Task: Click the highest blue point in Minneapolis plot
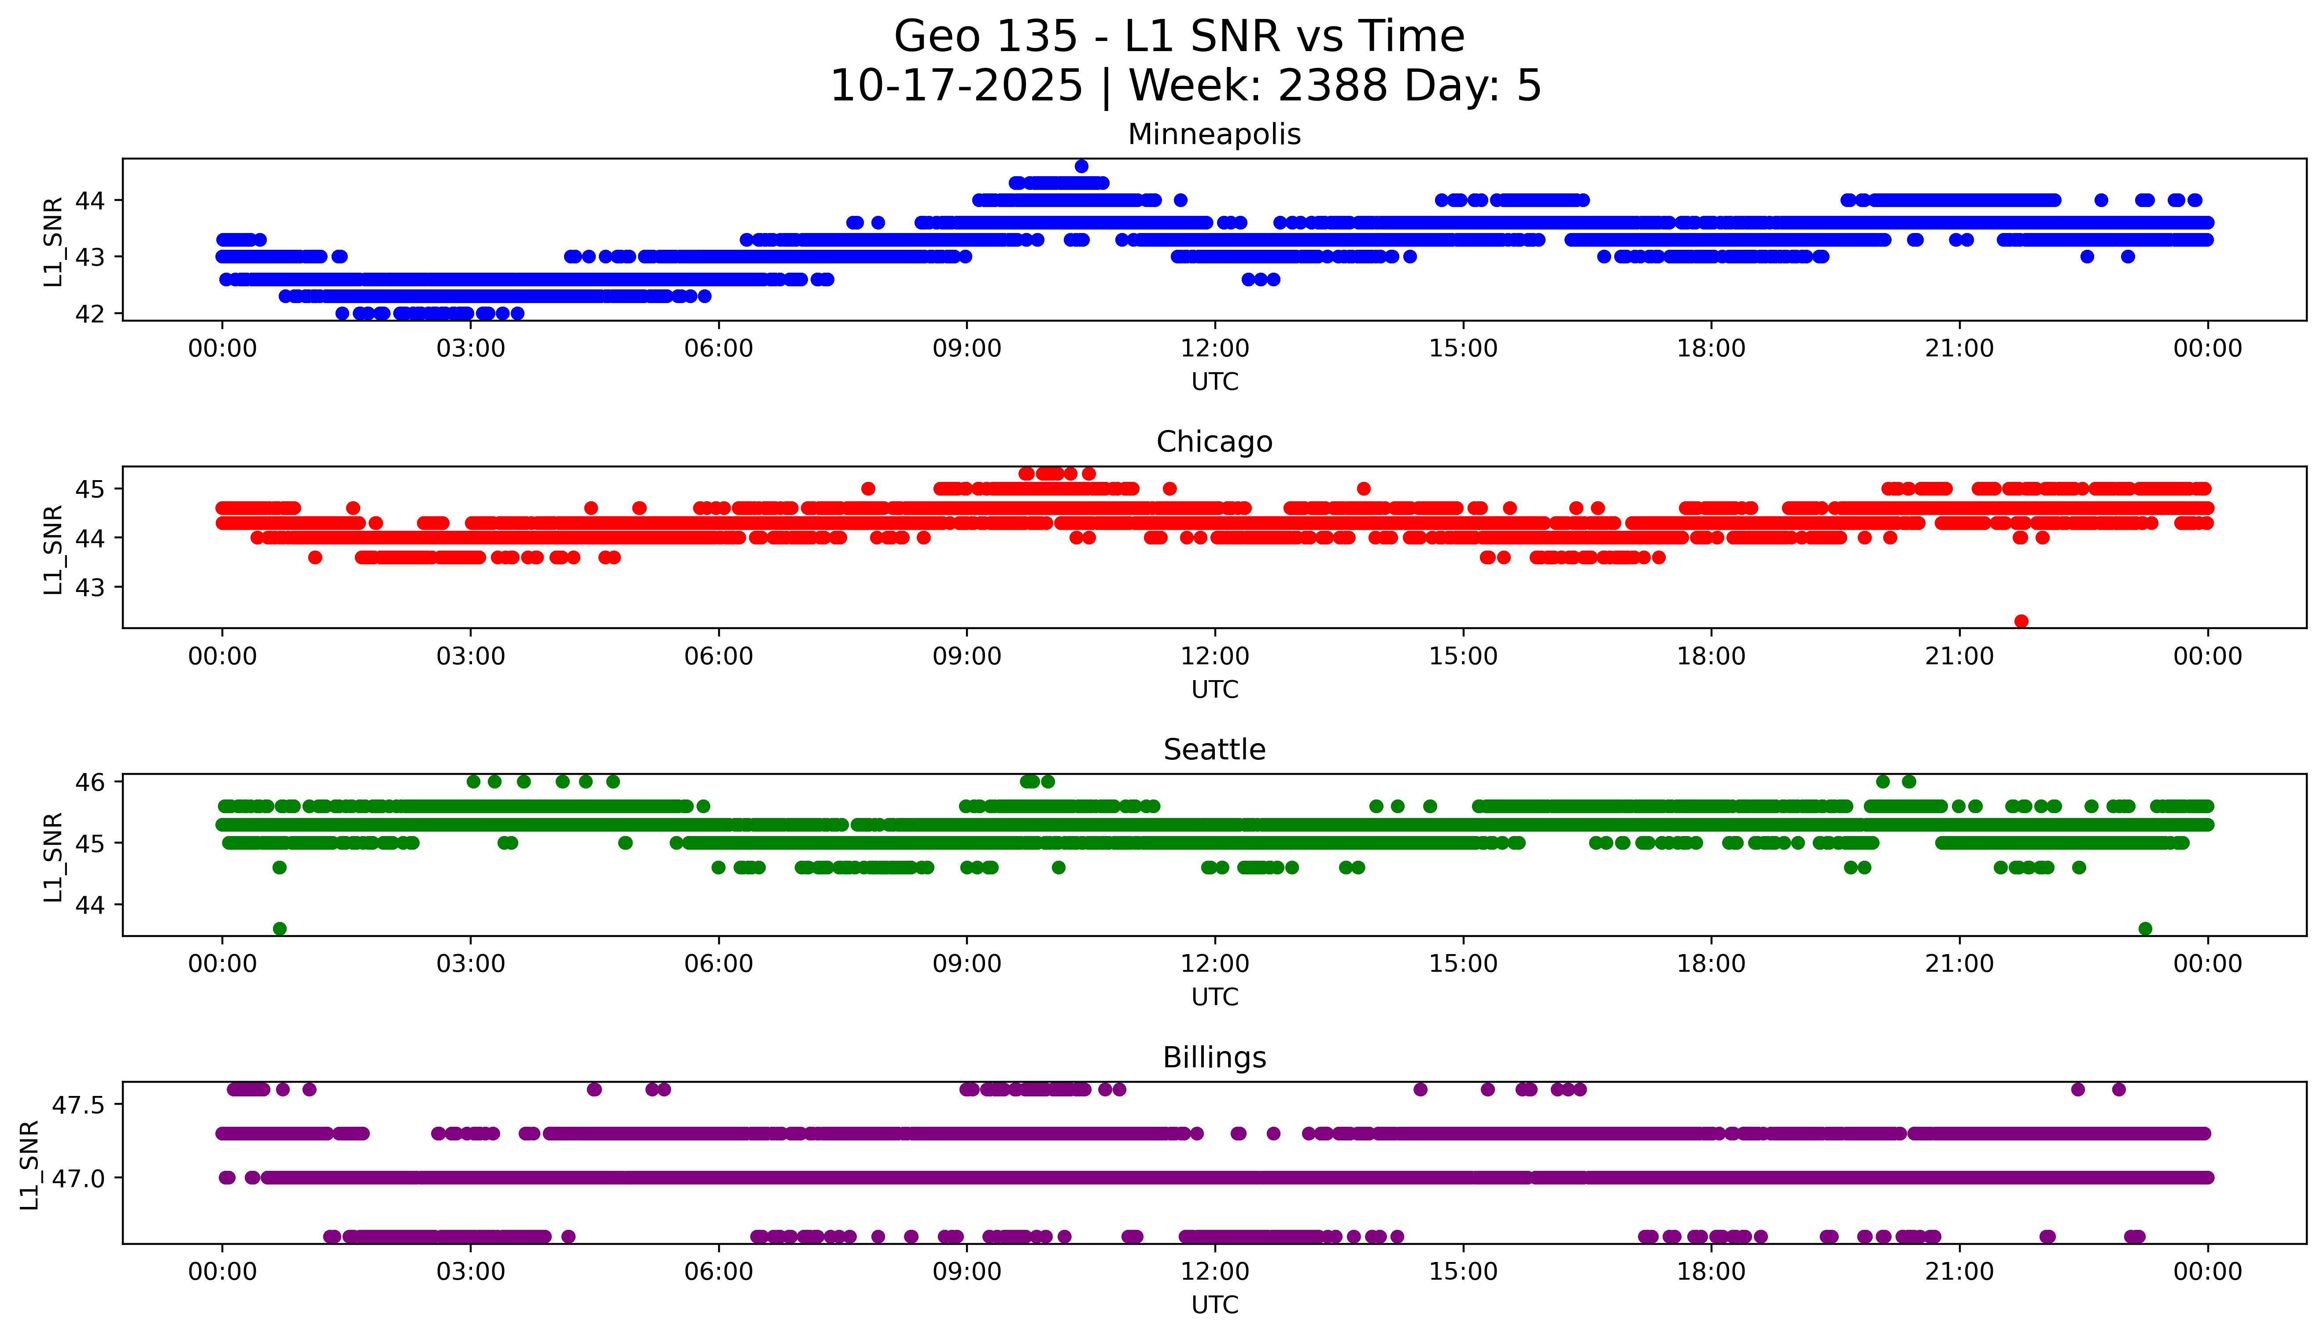(x=1081, y=166)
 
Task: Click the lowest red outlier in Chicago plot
(x=2021, y=621)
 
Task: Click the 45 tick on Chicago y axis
(x=90, y=489)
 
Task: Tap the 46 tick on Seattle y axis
(x=90, y=782)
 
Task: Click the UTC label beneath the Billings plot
(x=1214, y=1304)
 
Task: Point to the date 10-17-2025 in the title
(x=956, y=86)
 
